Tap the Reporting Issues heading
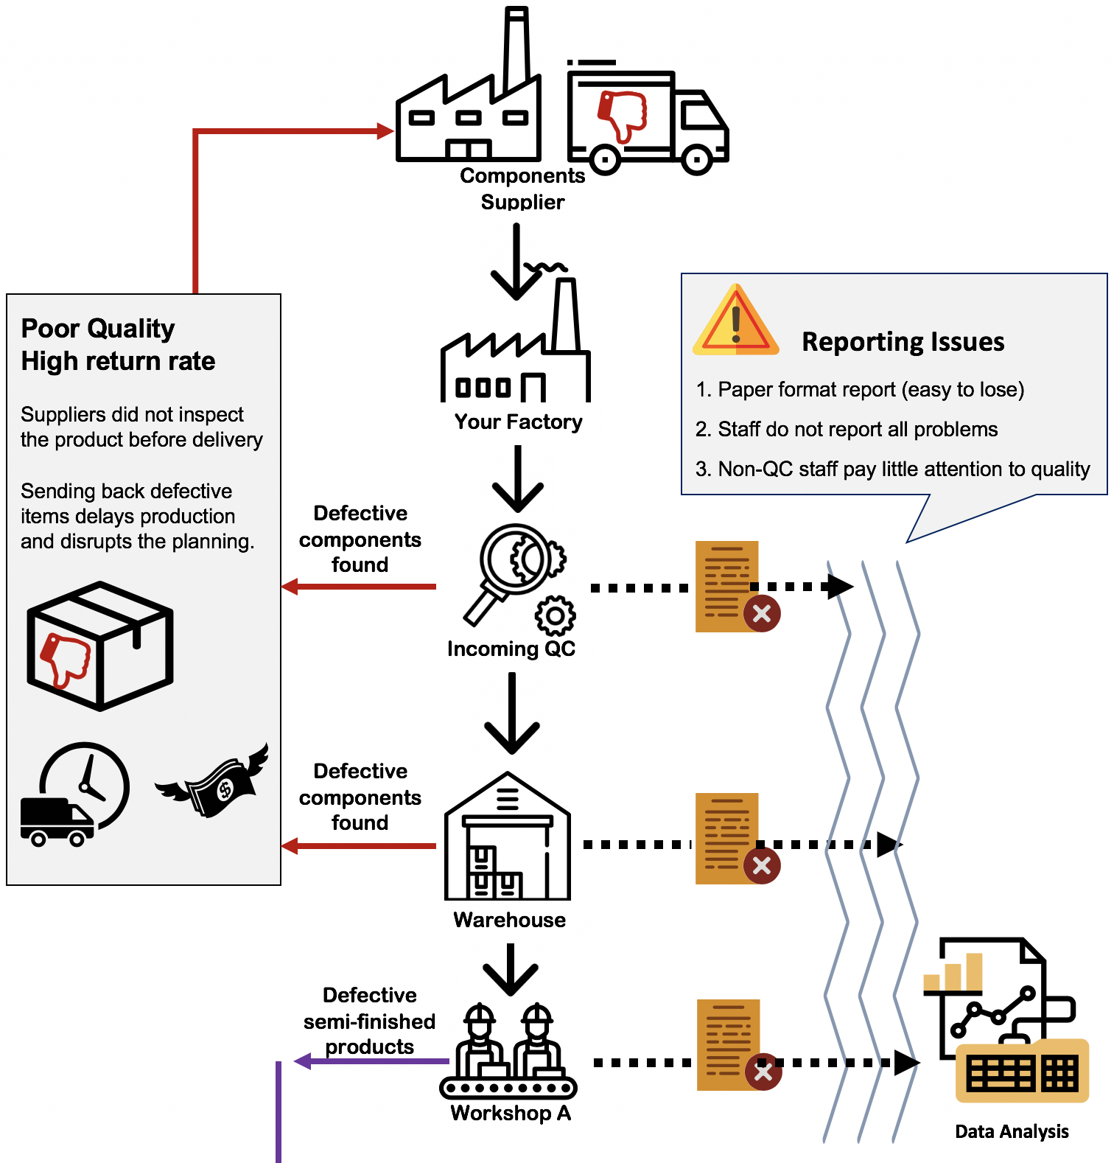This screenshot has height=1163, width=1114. [x=903, y=342]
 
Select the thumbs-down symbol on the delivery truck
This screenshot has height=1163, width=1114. [x=623, y=115]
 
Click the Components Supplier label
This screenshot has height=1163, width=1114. [x=522, y=189]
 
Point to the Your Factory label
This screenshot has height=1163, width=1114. [x=518, y=422]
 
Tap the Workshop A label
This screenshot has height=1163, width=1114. [x=511, y=1113]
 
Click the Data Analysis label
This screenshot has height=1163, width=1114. [x=1012, y=1131]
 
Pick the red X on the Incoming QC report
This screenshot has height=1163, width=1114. [x=763, y=613]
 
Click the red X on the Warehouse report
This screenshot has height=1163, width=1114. [x=763, y=865]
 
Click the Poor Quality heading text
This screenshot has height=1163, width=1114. [x=98, y=329]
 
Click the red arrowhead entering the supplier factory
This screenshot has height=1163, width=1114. [x=385, y=131]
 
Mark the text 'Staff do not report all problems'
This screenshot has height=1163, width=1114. [x=858, y=430]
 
